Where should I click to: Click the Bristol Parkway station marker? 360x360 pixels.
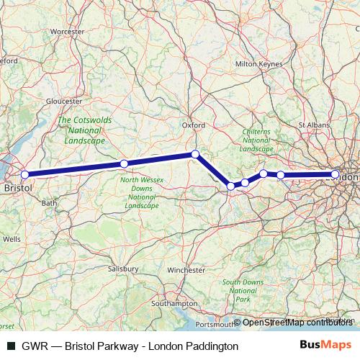[24, 174]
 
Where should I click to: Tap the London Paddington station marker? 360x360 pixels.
[336, 174]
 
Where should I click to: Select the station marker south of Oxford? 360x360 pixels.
[195, 154]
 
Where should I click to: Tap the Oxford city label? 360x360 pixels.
[194, 125]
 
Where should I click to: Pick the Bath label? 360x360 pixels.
[49, 203]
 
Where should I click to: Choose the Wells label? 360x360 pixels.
[12, 238]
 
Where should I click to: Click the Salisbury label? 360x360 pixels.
[123, 268]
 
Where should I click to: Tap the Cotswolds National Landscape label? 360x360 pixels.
[85, 130]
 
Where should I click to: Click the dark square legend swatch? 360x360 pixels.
[12, 346]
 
